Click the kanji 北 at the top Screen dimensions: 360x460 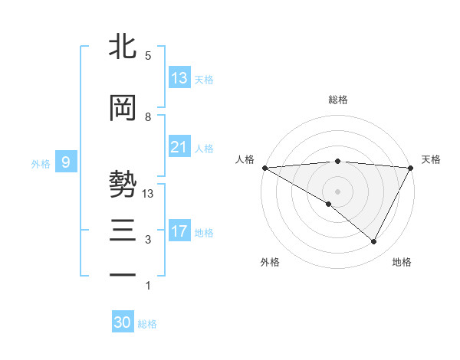coord(123,47)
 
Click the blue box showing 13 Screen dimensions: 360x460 coord(179,78)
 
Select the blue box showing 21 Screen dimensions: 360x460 coord(179,147)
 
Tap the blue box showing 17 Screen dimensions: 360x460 coord(179,231)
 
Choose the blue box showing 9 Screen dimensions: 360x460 coord(66,162)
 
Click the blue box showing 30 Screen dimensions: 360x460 coord(123,322)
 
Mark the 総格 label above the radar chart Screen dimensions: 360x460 coord(338,100)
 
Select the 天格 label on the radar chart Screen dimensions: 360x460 coord(431,159)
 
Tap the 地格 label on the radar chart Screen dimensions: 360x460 coord(402,262)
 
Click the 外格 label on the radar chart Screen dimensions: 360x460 coord(270,262)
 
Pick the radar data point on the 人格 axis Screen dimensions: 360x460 coord(264,167)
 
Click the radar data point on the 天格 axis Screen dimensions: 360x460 coord(411,167)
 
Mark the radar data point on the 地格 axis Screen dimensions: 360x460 coord(374,241)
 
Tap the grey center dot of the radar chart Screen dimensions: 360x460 coord(338,191)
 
